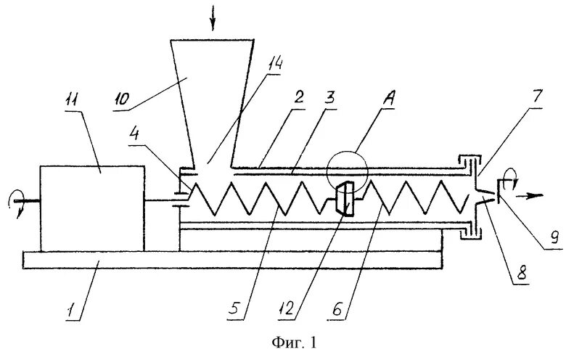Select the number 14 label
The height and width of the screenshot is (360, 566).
coord(275,65)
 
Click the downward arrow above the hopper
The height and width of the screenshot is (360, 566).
coord(213,20)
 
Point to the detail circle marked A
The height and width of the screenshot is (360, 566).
coord(348,173)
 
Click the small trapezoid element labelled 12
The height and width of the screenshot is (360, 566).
coord(346,199)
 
